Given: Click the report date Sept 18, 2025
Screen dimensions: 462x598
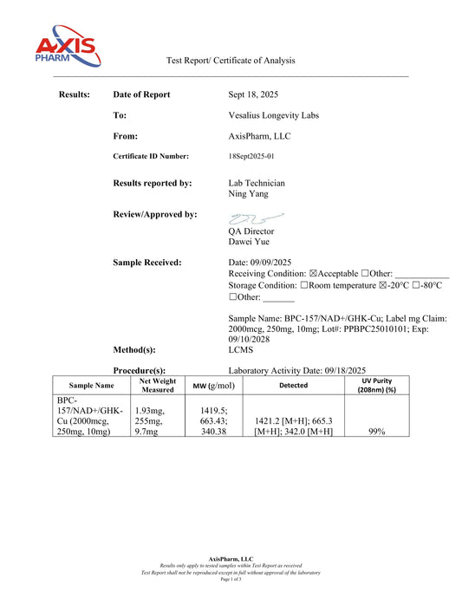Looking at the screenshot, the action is [x=253, y=94].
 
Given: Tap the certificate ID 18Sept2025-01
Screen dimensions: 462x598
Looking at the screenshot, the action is [x=254, y=156].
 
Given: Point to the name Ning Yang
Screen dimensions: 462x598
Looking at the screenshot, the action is [x=250, y=195].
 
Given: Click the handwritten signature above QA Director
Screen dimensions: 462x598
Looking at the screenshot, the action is [x=256, y=218].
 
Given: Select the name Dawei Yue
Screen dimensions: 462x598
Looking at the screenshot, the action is [x=249, y=243].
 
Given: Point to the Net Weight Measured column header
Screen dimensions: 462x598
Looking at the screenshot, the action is [x=158, y=385].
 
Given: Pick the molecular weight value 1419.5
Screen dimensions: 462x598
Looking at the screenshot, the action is [x=212, y=412].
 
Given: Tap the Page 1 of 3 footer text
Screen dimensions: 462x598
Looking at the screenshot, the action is [x=231, y=579].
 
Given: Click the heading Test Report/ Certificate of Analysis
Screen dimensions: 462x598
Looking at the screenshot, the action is [x=231, y=61].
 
